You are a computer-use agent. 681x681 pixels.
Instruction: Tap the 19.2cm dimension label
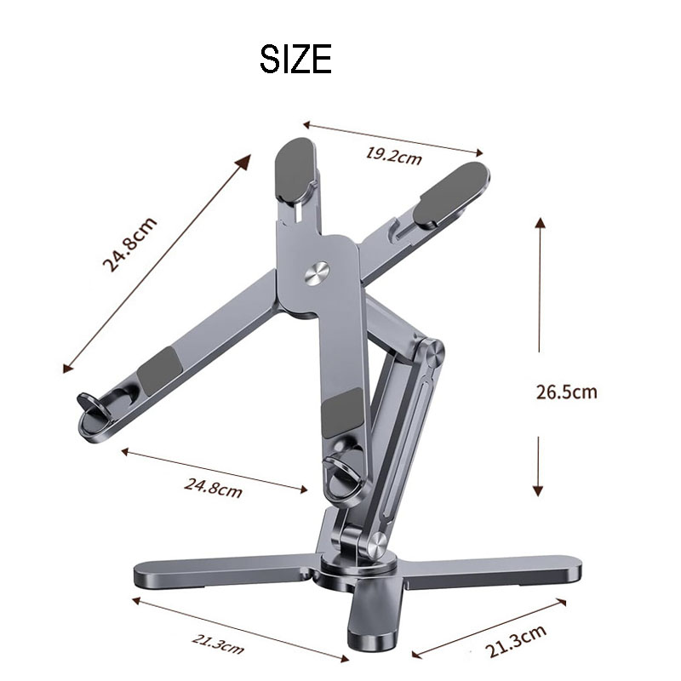coord(393,155)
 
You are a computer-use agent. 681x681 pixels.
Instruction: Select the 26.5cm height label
coord(566,392)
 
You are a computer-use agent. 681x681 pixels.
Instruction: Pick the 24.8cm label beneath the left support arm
coord(213,487)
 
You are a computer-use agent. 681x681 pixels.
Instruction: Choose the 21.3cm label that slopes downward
coord(213,644)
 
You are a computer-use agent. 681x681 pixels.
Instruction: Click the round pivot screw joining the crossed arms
coord(318,272)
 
